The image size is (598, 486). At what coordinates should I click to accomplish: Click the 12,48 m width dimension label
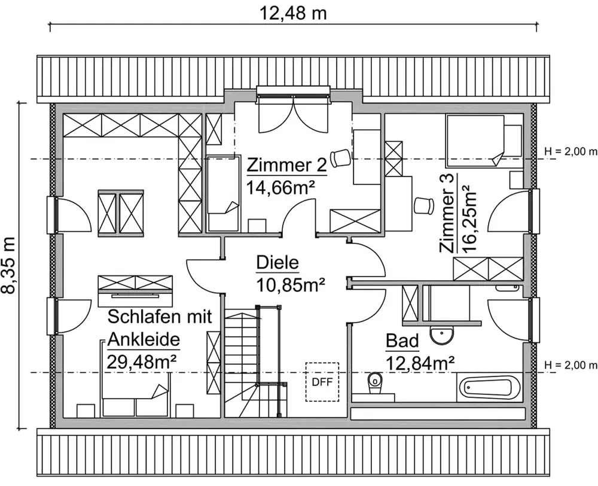293,13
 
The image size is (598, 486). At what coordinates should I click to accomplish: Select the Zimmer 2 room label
287,166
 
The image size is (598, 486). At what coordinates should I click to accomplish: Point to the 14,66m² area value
281,187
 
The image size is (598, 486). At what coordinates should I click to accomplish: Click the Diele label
277,263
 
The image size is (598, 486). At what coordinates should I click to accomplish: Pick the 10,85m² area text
291,284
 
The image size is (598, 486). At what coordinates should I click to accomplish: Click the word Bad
402,341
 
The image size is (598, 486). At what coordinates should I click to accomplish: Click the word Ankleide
144,339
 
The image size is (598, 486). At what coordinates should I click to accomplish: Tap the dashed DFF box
322,382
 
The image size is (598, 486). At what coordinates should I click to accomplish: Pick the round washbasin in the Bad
442,335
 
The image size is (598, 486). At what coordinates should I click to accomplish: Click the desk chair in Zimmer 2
341,157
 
